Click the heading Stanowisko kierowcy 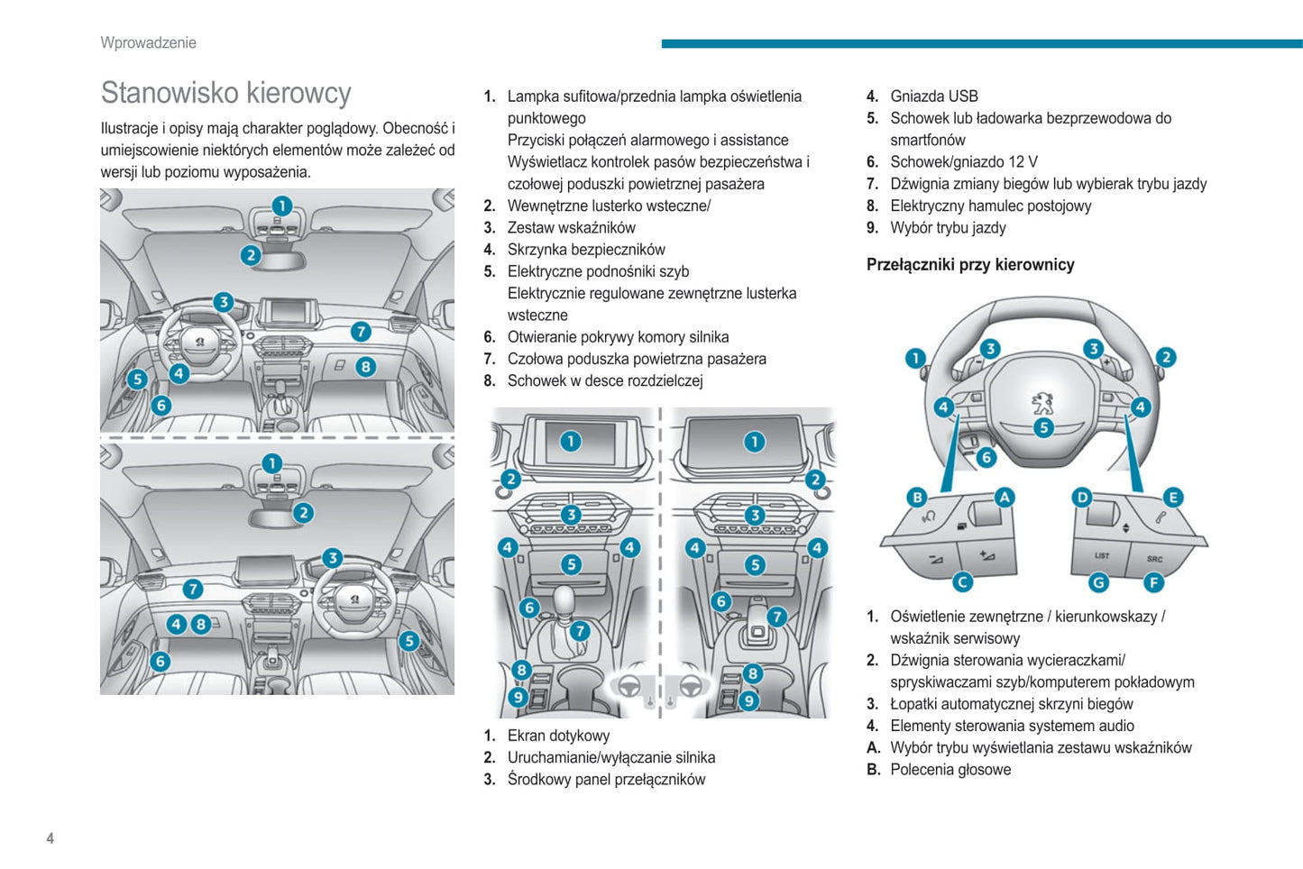(x=225, y=93)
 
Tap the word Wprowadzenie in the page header (x=148, y=42)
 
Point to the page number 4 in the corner (x=50, y=838)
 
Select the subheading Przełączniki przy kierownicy (x=970, y=264)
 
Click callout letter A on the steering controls (x=1004, y=497)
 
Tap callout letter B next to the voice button (x=917, y=497)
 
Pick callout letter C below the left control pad (x=963, y=582)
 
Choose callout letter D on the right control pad (x=1082, y=497)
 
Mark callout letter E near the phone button (x=1172, y=497)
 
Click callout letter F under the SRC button (x=1154, y=582)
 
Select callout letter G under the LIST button (x=1098, y=582)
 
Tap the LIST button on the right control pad (x=1102, y=555)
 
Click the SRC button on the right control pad (x=1154, y=559)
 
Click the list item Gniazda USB (x=933, y=96)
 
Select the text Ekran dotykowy (x=558, y=736)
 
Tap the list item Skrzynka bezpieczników (x=586, y=250)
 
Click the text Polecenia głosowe (x=950, y=770)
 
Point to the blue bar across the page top (x=981, y=43)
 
